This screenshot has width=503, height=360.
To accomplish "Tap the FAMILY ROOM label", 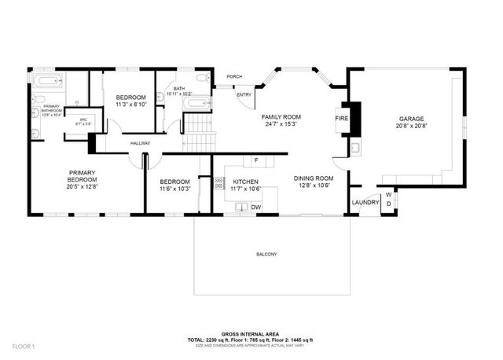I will pyautogui.click(x=281, y=117).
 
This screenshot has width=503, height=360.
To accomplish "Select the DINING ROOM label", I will pyautogui.click(x=314, y=178).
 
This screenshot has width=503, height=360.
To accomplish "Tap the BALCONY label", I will pyautogui.click(x=266, y=254).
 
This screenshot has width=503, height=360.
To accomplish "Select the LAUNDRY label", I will pyautogui.click(x=365, y=202).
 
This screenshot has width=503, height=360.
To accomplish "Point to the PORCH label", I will pyautogui.click(x=234, y=77).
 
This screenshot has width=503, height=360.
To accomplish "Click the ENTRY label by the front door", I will pyautogui.click(x=244, y=95).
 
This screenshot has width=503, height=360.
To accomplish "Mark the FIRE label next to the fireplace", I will pyautogui.click(x=341, y=118).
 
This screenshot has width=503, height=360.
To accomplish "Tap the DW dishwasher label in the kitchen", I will pyautogui.click(x=255, y=207).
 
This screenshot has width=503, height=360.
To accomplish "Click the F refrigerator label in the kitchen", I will pyautogui.click(x=255, y=160).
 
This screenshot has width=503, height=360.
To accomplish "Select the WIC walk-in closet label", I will pyautogui.click(x=83, y=120).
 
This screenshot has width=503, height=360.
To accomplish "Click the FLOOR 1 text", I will pyautogui.click(x=24, y=346).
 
